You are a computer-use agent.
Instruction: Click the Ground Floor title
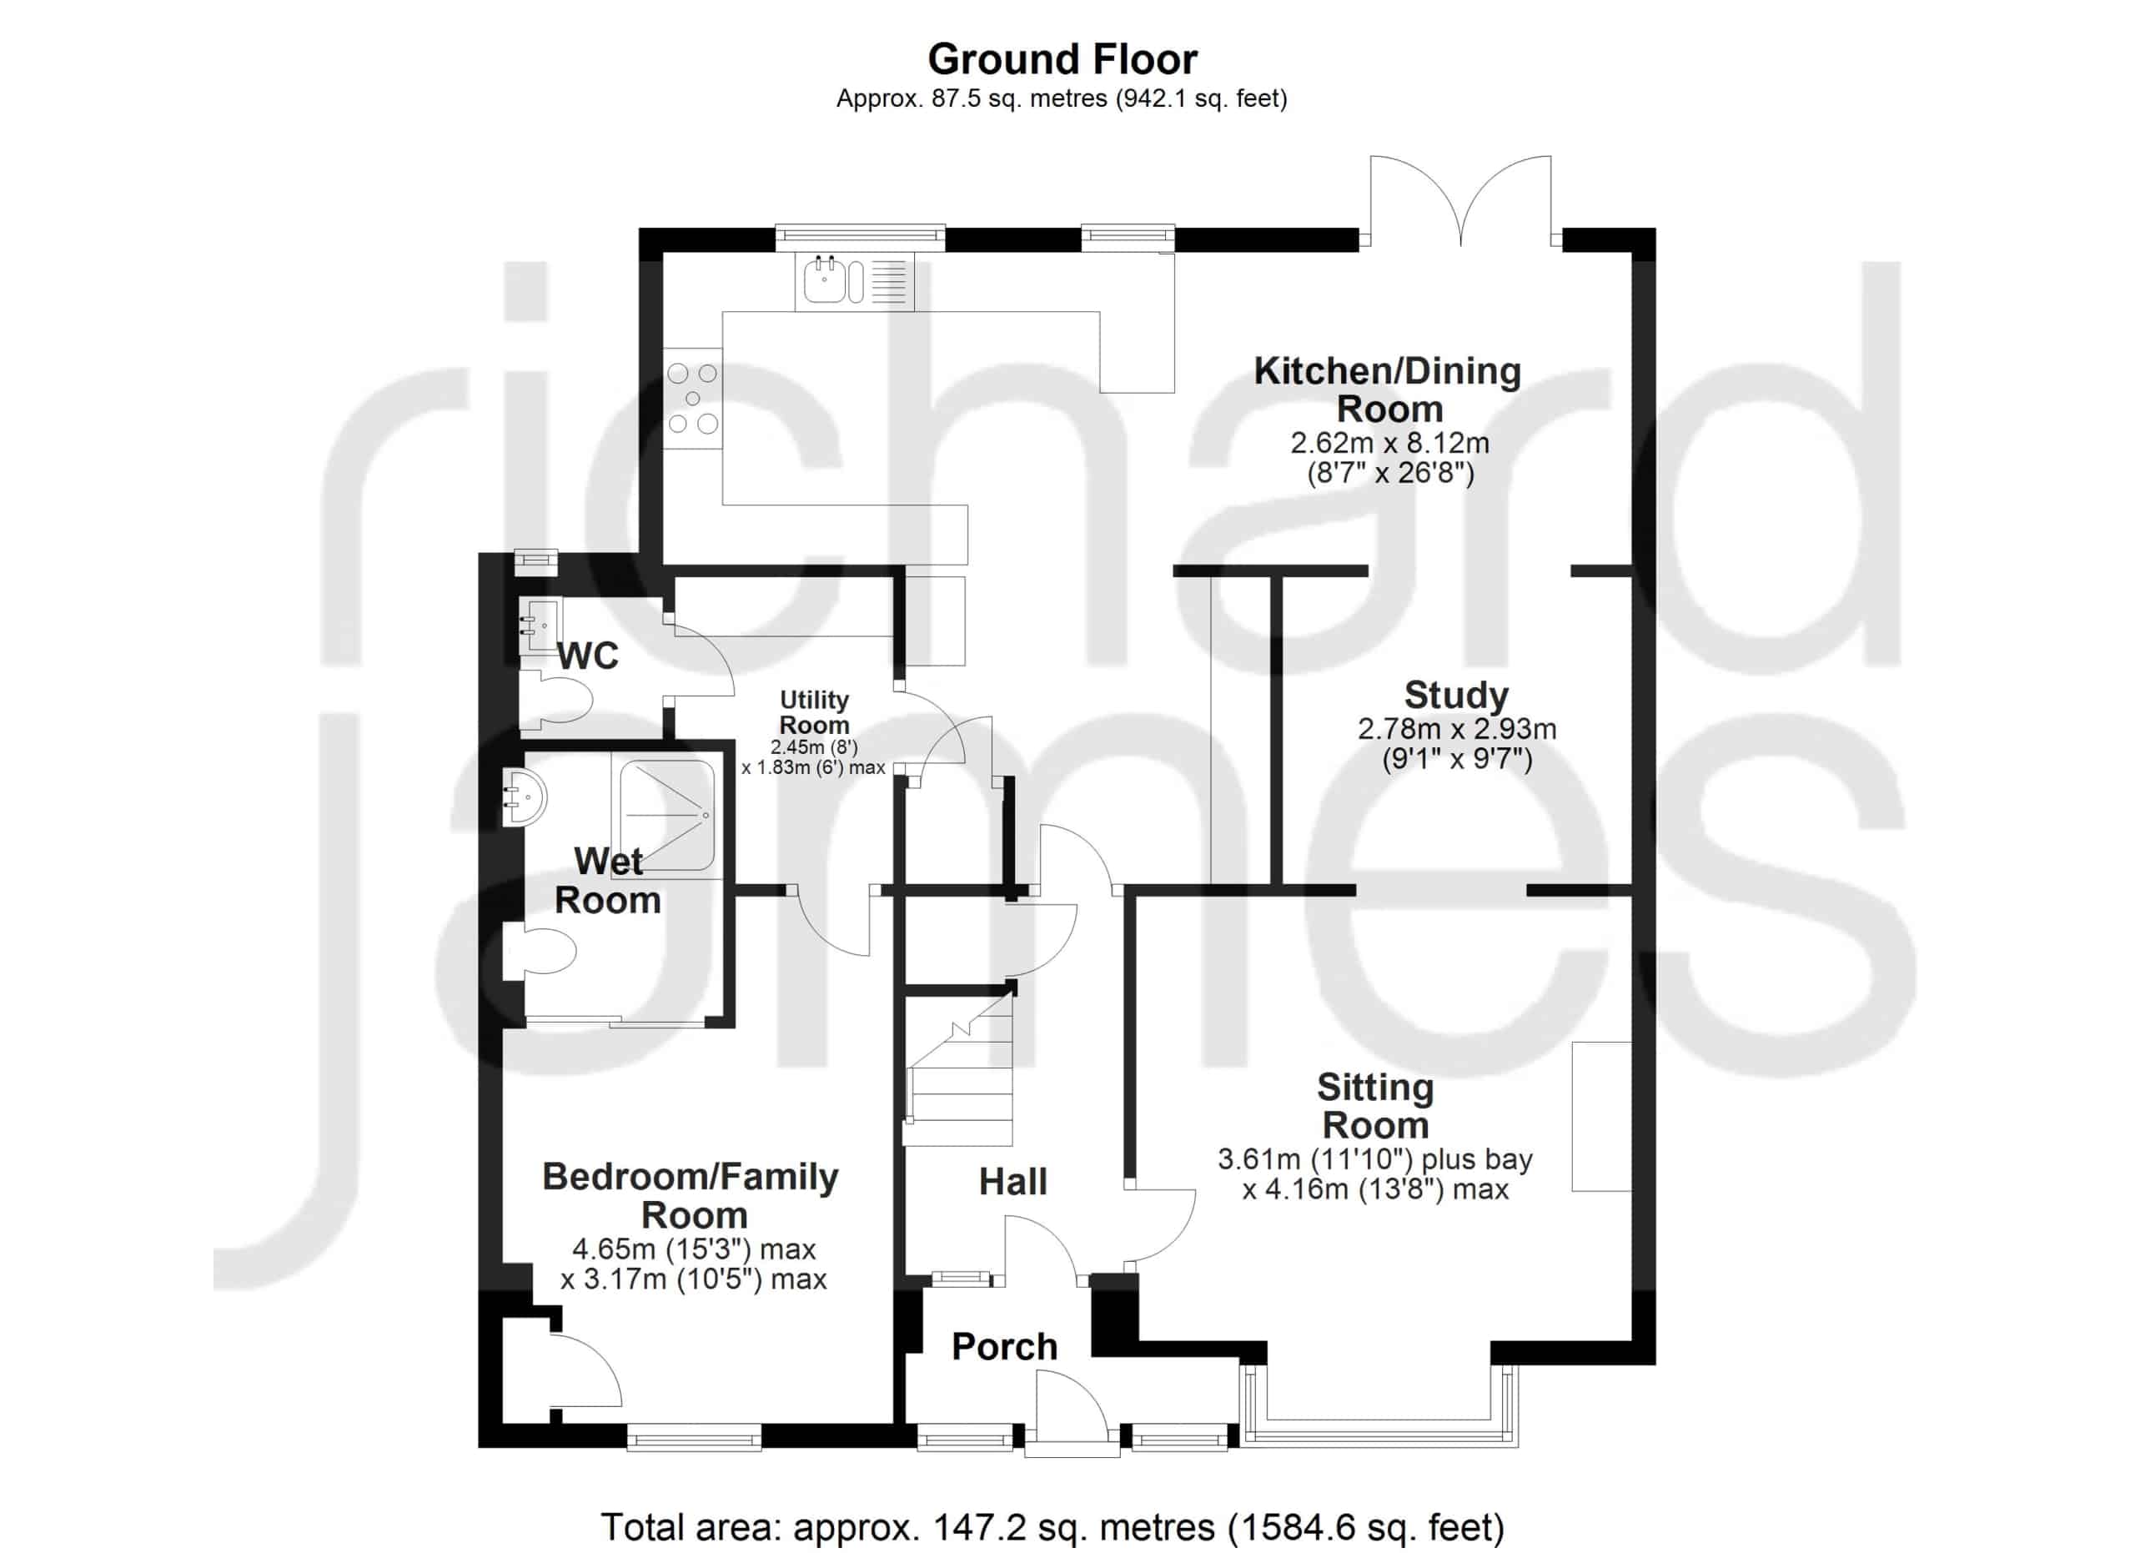pos(1062,59)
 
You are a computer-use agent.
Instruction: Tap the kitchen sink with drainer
pos(855,280)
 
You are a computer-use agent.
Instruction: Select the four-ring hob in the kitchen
pos(693,398)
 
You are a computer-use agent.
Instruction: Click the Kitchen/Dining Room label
pos(1388,390)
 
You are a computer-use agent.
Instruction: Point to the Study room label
pos(1456,695)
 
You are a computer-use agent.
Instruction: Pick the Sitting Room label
pos(1375,1106)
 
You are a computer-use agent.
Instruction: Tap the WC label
pos(588,656)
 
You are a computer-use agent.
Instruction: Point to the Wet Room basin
pos(524,798)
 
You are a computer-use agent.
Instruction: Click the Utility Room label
pos(814,712)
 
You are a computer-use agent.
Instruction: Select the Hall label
pos(1013,1182)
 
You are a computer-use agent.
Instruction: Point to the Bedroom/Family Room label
pos(691,1195)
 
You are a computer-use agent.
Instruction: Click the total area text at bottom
pos(1052,1525)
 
